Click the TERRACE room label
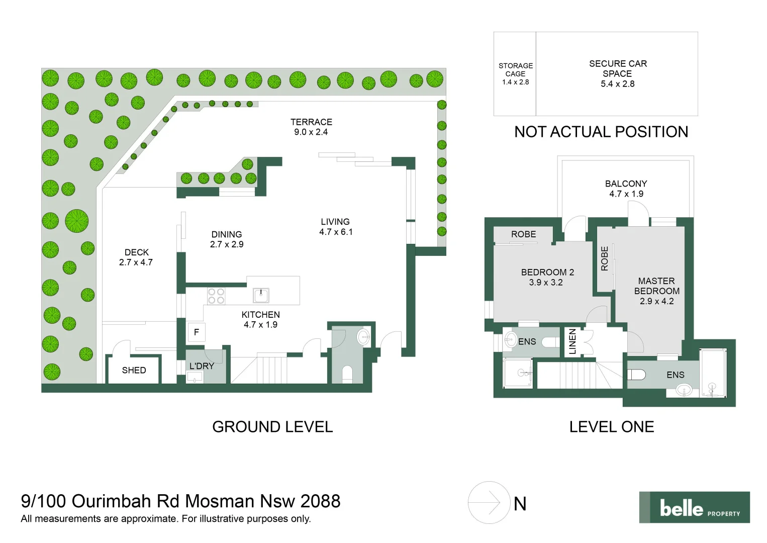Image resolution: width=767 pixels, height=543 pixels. coord(311,122)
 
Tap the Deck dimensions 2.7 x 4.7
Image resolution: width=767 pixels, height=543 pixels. coord(136,262)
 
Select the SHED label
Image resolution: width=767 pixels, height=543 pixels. coord(134,371)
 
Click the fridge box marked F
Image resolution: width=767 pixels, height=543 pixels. coord(197,332)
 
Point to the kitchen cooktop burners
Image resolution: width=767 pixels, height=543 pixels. coord(216,296)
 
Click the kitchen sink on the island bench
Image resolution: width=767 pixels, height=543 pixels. coord(261,296)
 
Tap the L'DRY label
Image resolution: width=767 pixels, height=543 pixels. coord(202,366)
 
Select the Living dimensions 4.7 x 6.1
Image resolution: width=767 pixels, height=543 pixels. coord(336,232)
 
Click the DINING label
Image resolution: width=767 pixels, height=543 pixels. coord(227,234)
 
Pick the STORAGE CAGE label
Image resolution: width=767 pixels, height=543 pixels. coord(516,69)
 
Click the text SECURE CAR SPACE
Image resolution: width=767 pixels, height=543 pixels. coord(618,68)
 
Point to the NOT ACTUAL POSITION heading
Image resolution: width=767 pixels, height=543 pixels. coord(601,132)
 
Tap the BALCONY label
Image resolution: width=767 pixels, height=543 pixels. coord(626,184)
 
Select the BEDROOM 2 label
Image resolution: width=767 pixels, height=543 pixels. coord(547,273)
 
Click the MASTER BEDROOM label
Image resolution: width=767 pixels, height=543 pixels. coord(657,286)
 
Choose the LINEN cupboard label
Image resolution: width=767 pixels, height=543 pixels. coord(572,341)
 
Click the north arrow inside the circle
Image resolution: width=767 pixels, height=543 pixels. coord(489,503)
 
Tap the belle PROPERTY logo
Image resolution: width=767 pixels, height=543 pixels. coord(695,508)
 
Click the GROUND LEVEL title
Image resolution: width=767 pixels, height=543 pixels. coord(272,427)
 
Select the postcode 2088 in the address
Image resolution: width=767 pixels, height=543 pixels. coord(321,501)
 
